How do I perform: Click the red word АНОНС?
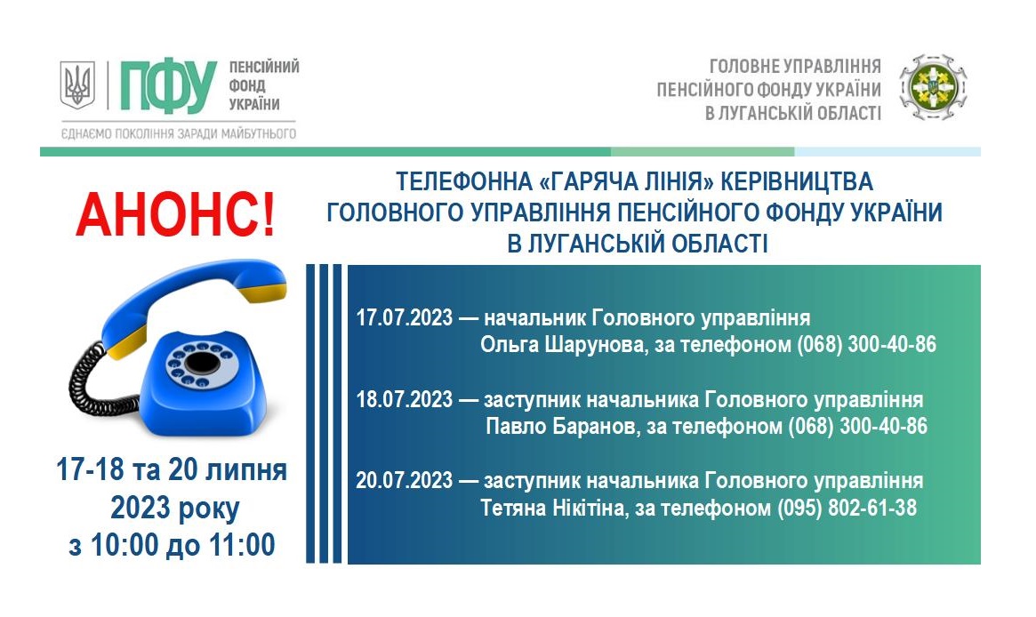(x=175, y=214)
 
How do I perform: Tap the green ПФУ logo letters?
(x=168, y=86)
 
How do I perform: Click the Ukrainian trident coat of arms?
(x=77, y=84)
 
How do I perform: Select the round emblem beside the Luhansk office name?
(x=933, y=87)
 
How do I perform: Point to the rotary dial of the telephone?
(x=201, y=365)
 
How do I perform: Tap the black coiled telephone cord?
(x=99, y=383)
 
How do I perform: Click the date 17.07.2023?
(x=405, y=317)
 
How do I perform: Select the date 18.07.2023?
(x=405, y=400)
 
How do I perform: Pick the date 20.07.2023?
(x=405, y=480)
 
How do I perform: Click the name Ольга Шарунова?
(x=562, y=345)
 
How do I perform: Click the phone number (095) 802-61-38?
(x=847, y=508)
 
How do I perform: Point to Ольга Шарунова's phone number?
(x=867, y=345)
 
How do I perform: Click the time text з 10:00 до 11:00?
(x=172, y=545)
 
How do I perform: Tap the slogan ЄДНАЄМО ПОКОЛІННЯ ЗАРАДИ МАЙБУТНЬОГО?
(x=179, y=134)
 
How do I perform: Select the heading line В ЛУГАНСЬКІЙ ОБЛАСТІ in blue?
(x=638, y=244)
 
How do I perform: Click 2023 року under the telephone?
(x=175, y=509)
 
